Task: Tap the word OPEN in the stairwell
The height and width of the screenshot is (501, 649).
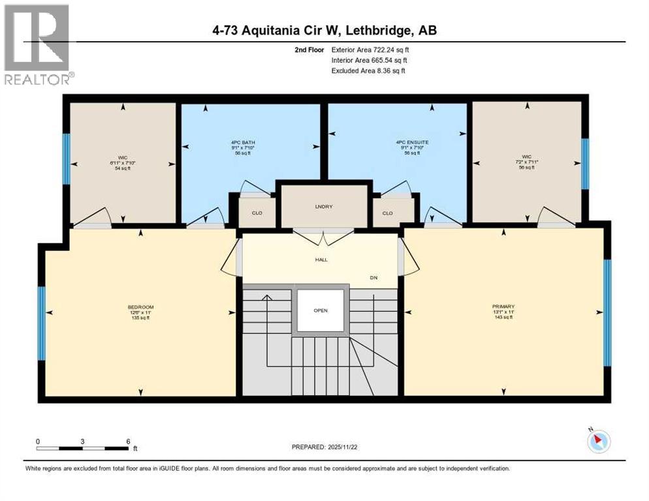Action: click(x=320, y=311)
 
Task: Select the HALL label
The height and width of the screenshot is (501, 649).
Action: click(x=321, y=260)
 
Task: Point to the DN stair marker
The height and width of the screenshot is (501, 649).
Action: click(x=373, y=278)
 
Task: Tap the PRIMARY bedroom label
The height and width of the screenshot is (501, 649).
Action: click(x=504, y=307)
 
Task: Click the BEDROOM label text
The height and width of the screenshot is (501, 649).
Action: click(x=140, y=307)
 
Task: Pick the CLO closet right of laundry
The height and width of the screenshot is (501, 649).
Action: click(x=388, y=213)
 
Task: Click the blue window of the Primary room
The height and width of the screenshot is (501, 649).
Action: click(x=607, y=312)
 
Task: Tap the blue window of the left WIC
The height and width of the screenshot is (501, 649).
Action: click(x=66, y=159)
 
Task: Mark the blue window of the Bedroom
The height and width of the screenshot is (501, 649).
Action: click(x=42, y=324)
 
